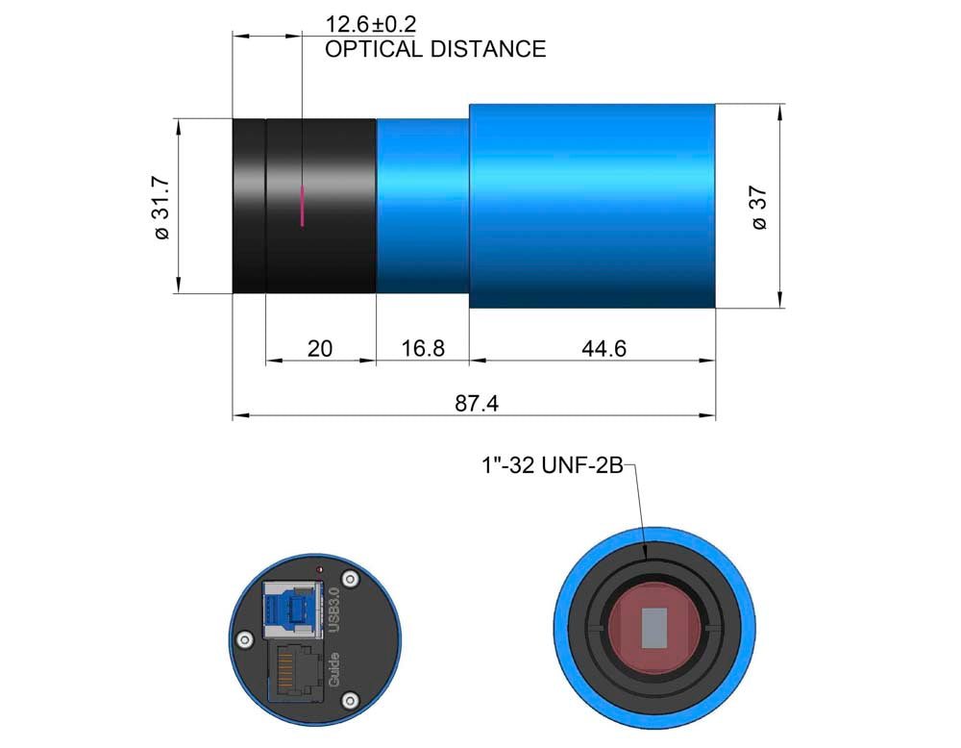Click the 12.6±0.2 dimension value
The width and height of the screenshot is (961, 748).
click(370, 24)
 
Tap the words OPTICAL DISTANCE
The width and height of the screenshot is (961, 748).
click(435, 49)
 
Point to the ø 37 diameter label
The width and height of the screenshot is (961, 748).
click(759, 208)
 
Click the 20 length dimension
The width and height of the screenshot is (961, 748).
click(319, 348)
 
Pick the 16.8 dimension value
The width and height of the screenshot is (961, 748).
click(422, 348)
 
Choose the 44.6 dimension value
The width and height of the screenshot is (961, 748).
click(604, 348)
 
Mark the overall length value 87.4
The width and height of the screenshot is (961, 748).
click(477, 404)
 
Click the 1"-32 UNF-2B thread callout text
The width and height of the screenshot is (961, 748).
click(553, 465)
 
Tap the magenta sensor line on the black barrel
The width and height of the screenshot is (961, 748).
click(302, 206)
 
